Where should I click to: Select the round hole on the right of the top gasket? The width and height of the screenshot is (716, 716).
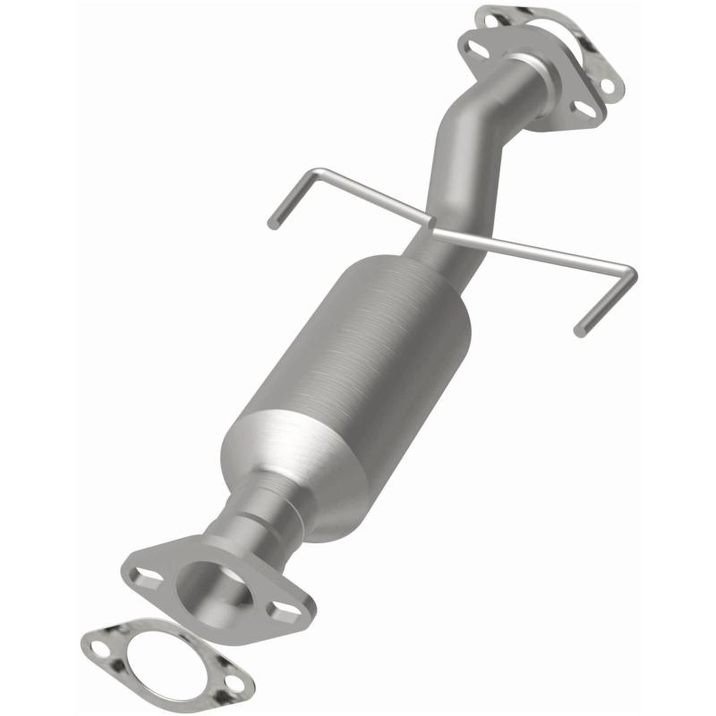click(x=608, y=86)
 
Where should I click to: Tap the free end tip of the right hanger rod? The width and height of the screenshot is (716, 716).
click(x=580, y=330)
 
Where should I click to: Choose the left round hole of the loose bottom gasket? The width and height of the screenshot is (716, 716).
click(x=99, y=643)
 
